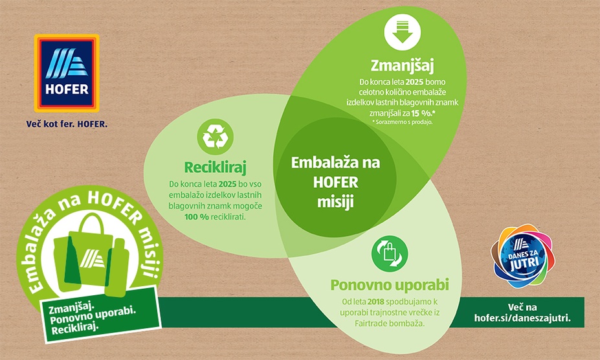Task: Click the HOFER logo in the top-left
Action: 67,73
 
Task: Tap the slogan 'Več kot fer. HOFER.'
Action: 67,124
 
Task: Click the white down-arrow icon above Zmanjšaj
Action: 402,32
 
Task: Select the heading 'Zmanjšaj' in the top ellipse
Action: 402,66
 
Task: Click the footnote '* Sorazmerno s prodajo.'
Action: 402,122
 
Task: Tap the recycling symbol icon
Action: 215,137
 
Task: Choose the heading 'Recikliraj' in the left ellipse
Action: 215,167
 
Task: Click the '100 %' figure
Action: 197,217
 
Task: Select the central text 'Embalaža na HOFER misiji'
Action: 335,182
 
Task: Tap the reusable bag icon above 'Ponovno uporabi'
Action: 390,254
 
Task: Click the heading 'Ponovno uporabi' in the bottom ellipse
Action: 390,285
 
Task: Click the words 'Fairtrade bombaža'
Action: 390,324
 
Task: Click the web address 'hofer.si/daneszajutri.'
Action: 522,319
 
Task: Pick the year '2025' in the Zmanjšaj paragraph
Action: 414,82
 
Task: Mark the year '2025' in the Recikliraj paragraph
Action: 227,184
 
